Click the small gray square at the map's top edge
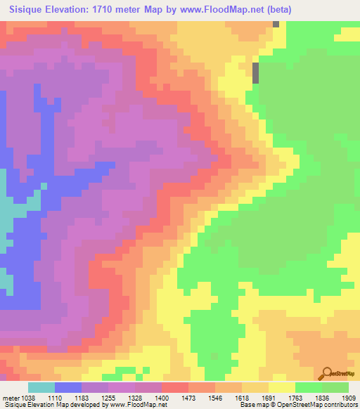pyautogui.click(x=276, y=24)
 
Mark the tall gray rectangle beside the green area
pyautogui.click(x=255, y=72)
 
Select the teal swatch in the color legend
pyautogui.click(x=41, y=388)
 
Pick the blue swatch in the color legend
pyautogui.click(x=68, y=388)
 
